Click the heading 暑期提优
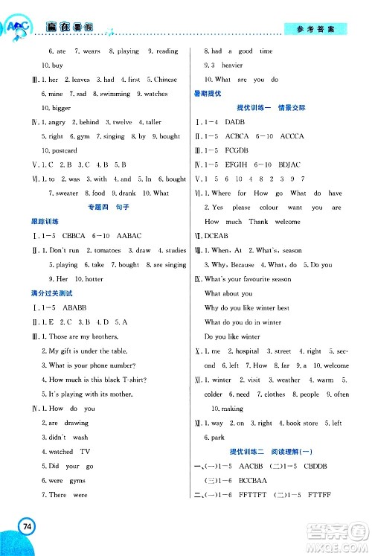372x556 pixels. point(208,94)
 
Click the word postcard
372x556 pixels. point(63,151)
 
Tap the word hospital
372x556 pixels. point(248,351)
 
